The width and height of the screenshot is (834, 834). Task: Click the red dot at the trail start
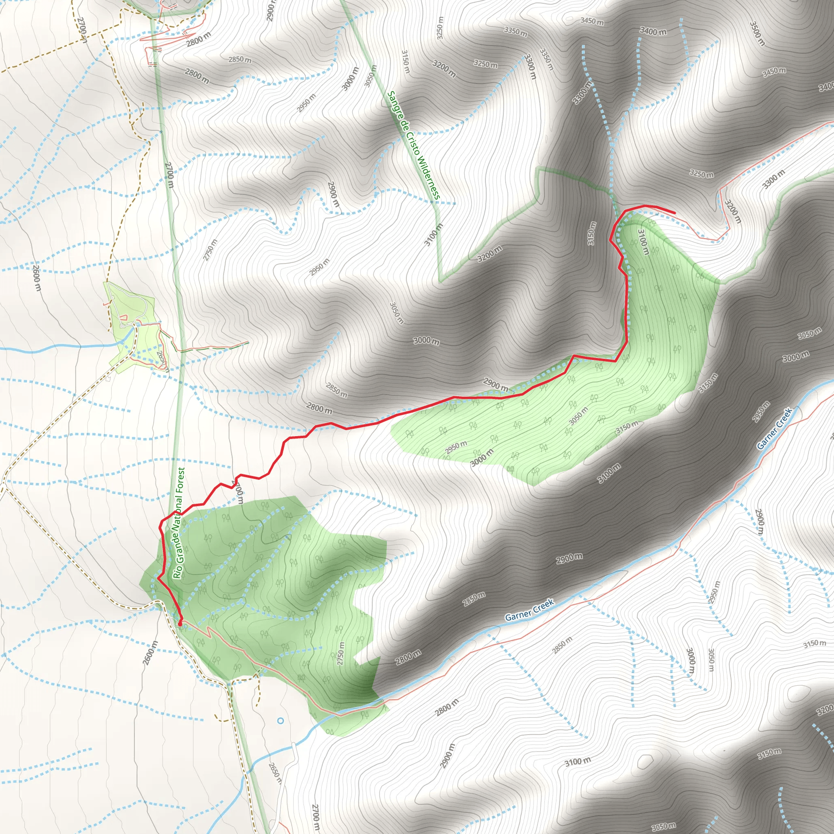coord(180,623)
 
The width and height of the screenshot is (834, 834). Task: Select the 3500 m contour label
coord(757,33)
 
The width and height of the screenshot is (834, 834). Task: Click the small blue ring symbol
coord(281,720)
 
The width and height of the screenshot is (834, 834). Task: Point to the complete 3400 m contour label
coord(653,31)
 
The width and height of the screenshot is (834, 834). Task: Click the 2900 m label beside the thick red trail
coord(495,384)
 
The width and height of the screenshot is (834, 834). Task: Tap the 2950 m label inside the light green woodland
coord(456,447)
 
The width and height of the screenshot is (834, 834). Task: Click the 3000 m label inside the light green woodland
coord(481,457)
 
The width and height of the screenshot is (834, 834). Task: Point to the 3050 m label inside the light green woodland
coord(578,416)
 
